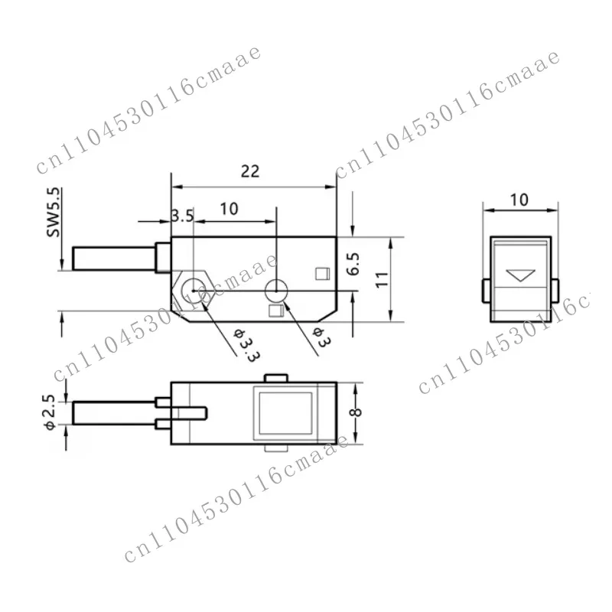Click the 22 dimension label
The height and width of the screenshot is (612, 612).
[x=250, y=171]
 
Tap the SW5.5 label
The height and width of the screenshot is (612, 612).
[x=54, y=213]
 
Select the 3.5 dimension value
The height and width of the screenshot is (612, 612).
[x=182, y=216]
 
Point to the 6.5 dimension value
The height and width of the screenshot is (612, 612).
[x=353, y=264]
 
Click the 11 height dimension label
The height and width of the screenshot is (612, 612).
[x=382, y=279]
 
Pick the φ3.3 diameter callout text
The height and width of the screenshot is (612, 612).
[x=246, y=345]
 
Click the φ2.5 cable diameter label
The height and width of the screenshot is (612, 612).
[x=50, y=412]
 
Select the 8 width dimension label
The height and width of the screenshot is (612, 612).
[x=356, y=412]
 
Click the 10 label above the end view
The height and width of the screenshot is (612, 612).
[x=519, y=200]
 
